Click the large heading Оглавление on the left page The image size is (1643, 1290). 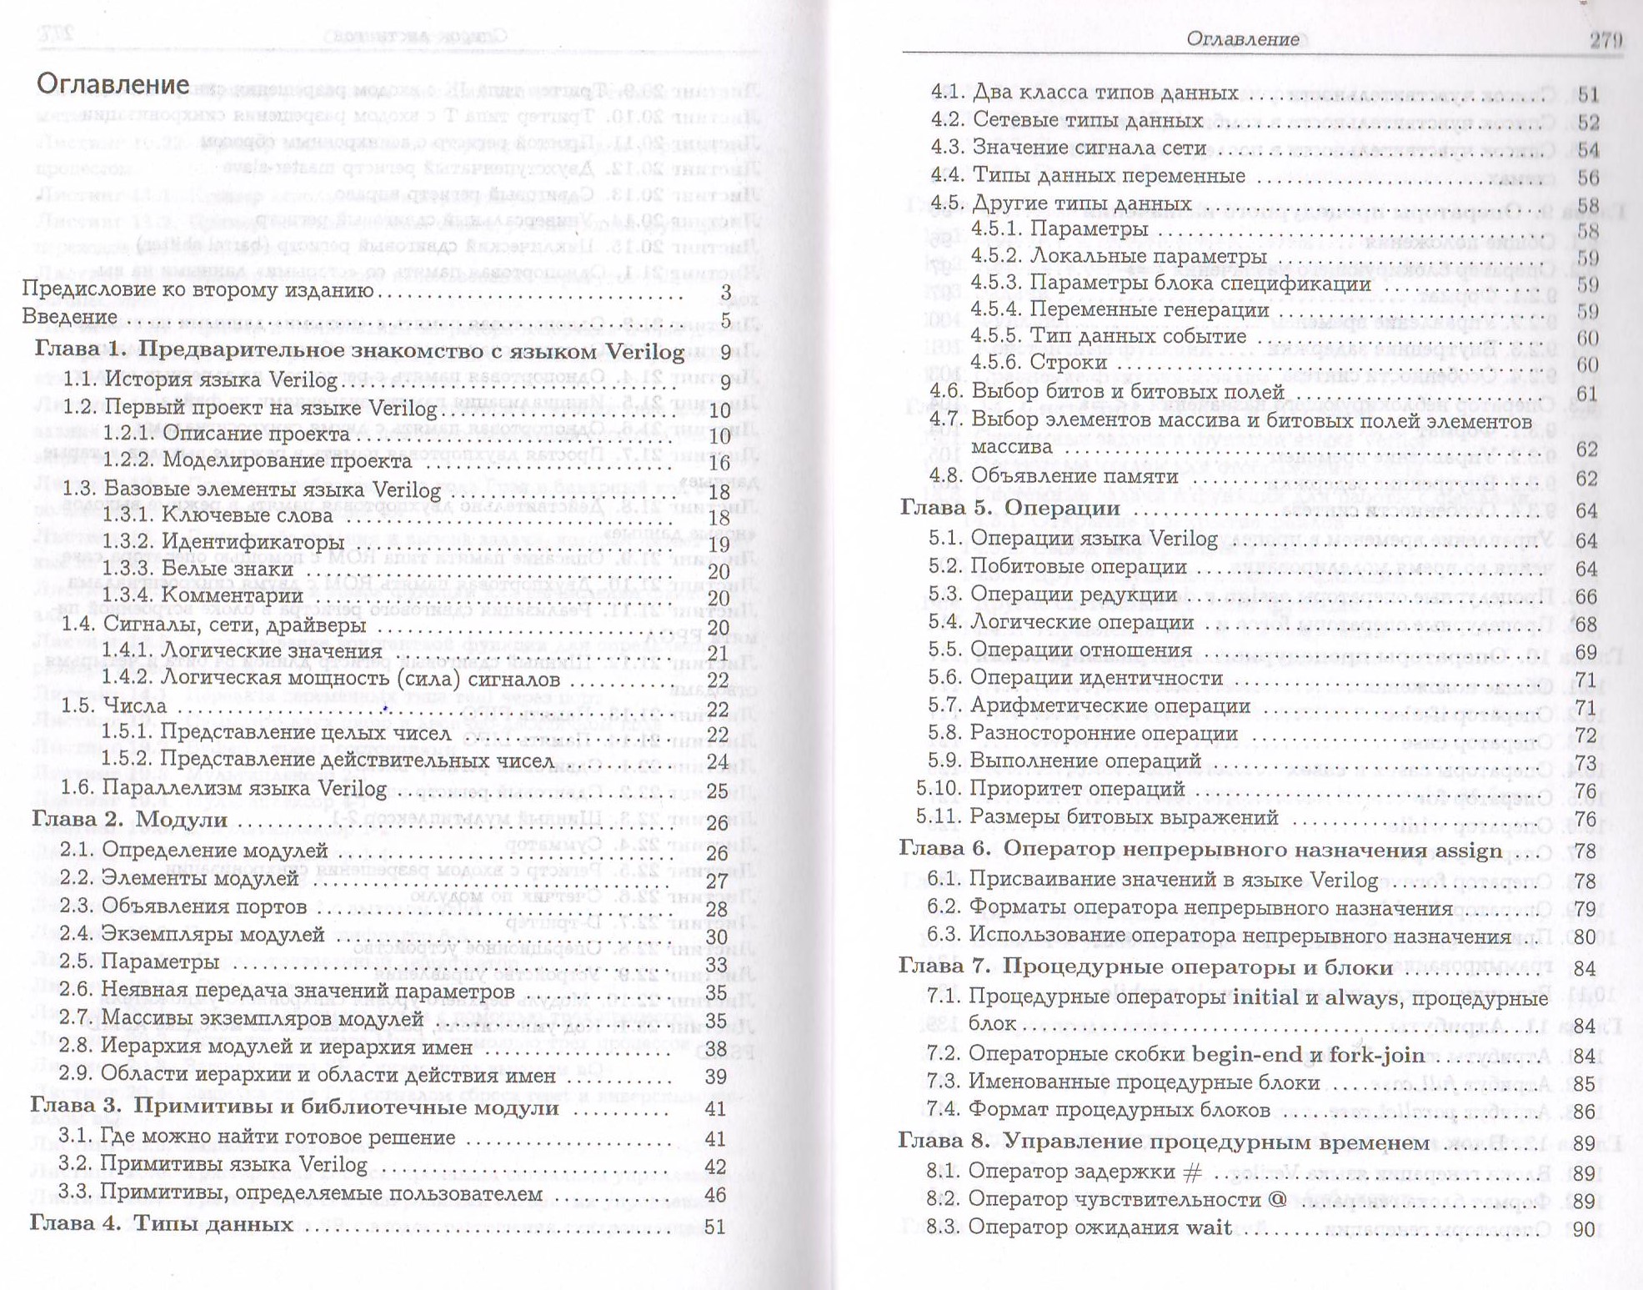coord(113,84)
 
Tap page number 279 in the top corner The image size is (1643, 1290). coord(1605,39)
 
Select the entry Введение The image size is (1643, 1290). coord(69,317)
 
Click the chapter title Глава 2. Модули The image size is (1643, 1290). coord(130,820)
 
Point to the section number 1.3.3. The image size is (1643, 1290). coord(128,570)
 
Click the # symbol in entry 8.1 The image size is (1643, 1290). coord(1193,1172)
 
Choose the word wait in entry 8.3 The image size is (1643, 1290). coord(1209,1227)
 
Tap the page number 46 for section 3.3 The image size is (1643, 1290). coord(715,1194)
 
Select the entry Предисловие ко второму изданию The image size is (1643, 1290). coord(198,289)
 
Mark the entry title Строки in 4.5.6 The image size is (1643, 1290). coord(1069,363)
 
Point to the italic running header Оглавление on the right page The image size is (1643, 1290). coord(1242,38)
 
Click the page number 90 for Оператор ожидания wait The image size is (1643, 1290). coord(1583,1229)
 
